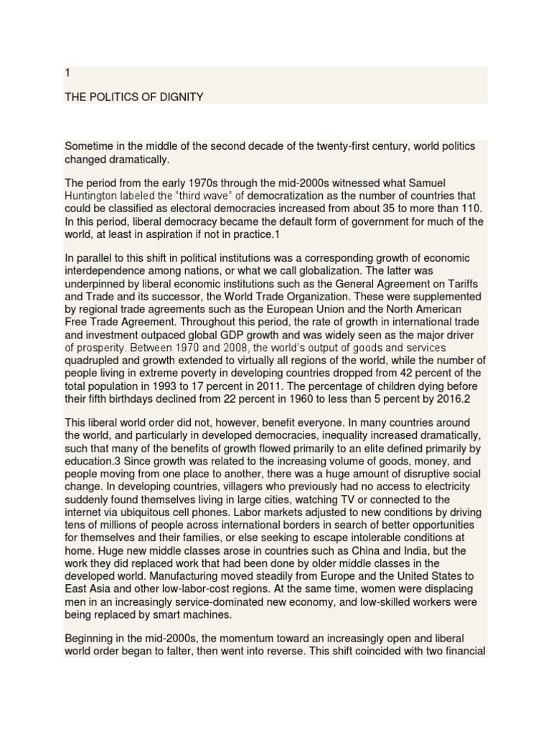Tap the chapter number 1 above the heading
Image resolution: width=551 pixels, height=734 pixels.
coord(67,73)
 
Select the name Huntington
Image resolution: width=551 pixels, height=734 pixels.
coord(92,196)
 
